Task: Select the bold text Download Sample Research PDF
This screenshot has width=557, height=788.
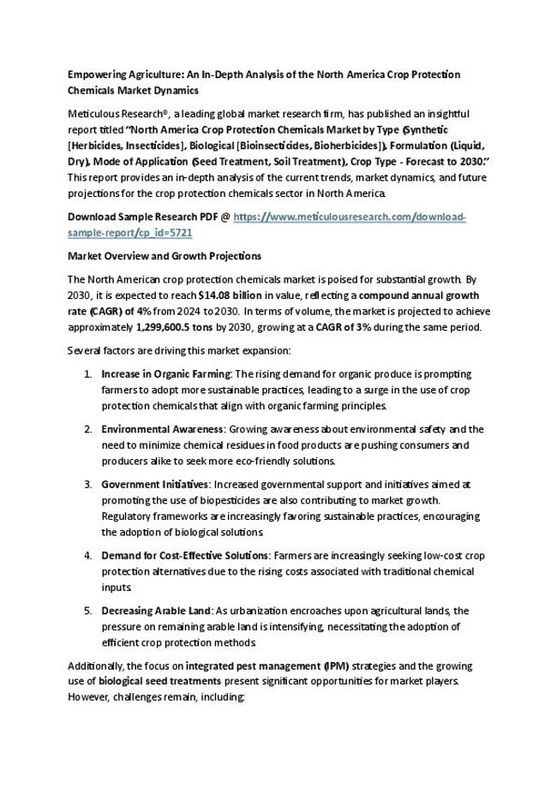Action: coord(142,218)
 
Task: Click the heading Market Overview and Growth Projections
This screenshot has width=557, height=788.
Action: coord(165,256)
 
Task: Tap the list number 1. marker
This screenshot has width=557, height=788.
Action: coord(88,374)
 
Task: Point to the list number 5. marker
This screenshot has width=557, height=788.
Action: coord(88,611)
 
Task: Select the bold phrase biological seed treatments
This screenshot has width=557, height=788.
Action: coord(160,681)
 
